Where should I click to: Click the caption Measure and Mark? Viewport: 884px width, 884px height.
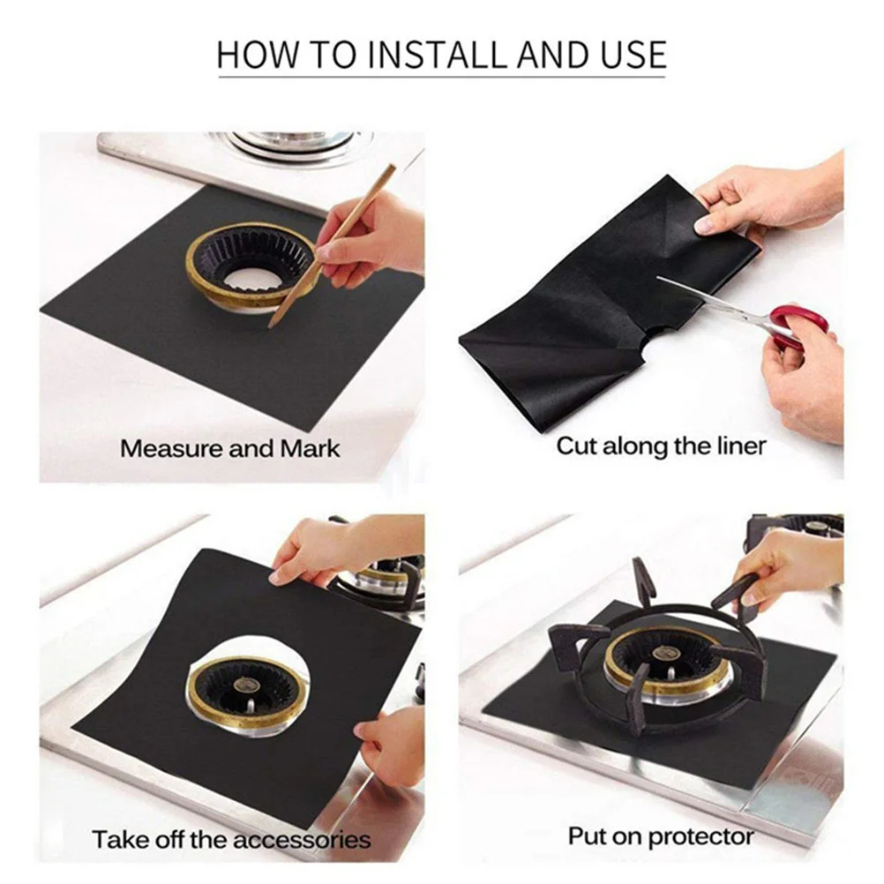[229, 448]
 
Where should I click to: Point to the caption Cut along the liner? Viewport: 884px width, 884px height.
[660, 446]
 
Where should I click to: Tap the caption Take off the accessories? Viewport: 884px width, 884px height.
[231, 838]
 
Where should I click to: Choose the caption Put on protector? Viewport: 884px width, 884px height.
[660, 835]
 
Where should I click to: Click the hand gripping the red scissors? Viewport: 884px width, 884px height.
[807, 371]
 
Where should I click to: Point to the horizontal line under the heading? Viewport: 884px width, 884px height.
[441, 78]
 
